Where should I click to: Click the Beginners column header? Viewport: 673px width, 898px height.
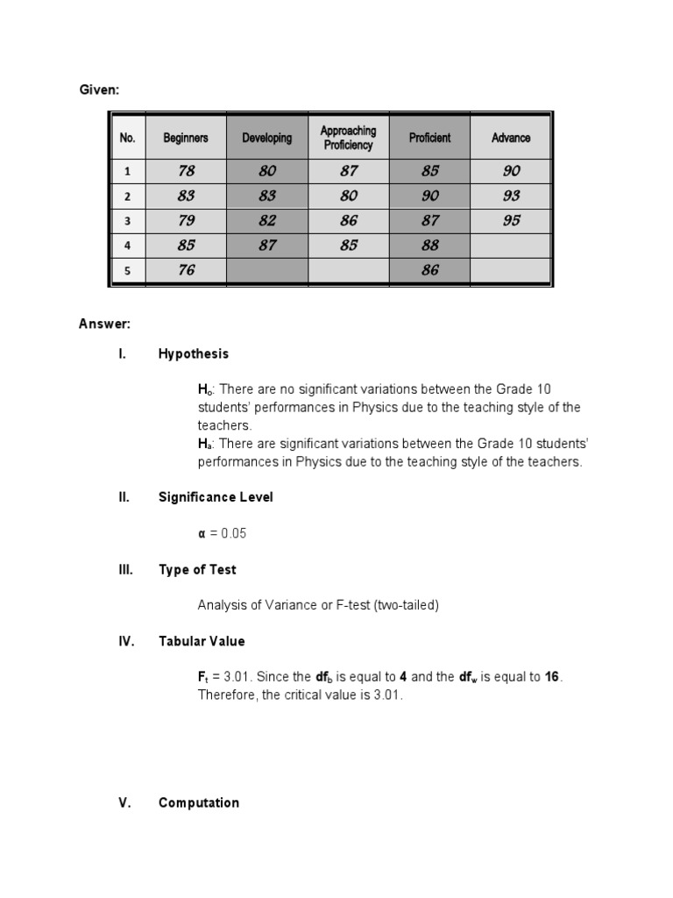tap(186, 138)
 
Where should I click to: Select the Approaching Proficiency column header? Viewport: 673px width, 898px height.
tap(349, 138)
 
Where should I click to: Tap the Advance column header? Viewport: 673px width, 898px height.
tap(511, 138)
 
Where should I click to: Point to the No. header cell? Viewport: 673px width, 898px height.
tap(128, 138)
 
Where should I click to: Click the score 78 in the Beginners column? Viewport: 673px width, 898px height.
tap(186, 172)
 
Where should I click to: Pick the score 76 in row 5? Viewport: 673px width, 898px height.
tap(186, 271)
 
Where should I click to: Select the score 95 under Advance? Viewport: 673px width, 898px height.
tap(511, 221)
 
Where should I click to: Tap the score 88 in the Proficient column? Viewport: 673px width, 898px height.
tap(429, 246)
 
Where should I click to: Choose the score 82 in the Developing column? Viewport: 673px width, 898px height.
tap(267, 221)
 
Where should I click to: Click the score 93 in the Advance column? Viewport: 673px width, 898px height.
tap(511, 196)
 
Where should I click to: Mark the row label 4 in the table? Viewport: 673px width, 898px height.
tap(128, 246)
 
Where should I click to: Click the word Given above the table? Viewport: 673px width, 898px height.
tap(98, 90)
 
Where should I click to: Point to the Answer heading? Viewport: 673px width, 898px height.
tap(104, 324)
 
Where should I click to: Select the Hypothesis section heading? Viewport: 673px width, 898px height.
tap(193, 353)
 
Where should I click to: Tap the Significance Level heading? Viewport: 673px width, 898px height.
tap(216, 497)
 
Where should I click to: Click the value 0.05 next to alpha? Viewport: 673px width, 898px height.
tap(235, 533)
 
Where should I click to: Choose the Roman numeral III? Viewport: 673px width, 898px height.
tap(125, 569)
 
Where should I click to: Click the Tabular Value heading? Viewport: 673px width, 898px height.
tap(202, 641)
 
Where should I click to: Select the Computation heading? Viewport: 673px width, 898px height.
tap(198, 802)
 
